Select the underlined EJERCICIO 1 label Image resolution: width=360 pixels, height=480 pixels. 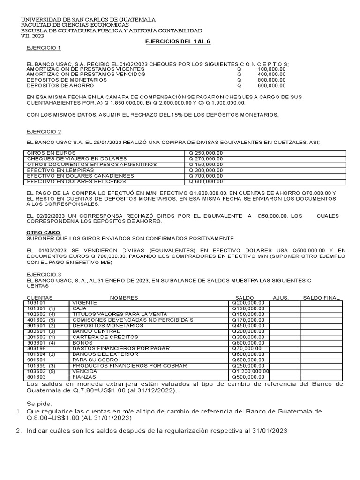[43, 48]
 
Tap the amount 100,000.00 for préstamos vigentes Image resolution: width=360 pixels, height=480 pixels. [271, 69]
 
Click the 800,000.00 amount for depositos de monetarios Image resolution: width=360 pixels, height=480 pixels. [271, 80]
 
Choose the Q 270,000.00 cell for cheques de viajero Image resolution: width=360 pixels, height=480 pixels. [206, 158]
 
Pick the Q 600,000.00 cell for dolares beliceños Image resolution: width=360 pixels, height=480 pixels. [206, 181]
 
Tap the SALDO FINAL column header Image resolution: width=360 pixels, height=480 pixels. [321, 298]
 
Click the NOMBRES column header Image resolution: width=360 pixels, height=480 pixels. [124, 298]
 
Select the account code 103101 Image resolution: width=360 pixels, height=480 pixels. [37, 303]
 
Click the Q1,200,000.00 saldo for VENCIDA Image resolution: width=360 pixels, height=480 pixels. [251, 371]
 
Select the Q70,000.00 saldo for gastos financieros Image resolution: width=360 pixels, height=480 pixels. [247, 348]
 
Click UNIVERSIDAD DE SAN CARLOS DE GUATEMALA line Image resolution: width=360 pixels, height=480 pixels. [89, 19]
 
